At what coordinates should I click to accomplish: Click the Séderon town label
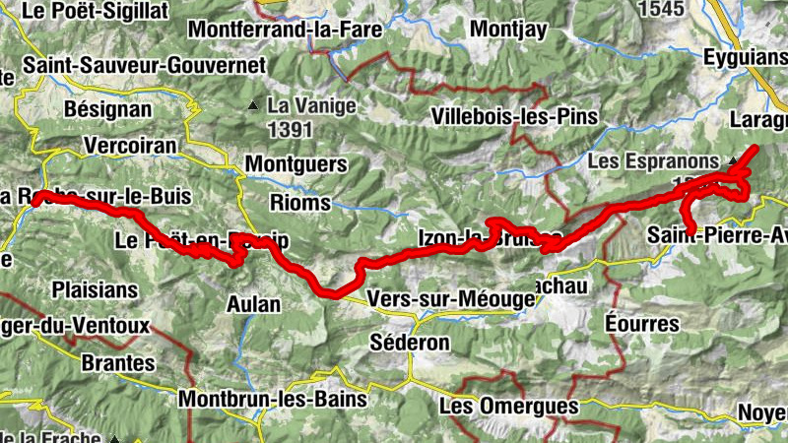(x=409, y=343)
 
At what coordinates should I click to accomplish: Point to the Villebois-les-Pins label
(x=515, y=117)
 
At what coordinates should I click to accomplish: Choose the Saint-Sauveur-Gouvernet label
(x=146, y=65)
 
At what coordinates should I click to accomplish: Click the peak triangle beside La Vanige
(x=254, y=104)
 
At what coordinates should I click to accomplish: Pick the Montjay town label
(x=507, y=29)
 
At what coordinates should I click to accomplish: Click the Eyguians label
(x=745, y=58)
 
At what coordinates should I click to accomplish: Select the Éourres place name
(x=642, y=324)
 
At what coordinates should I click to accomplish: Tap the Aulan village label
(x=253, y=303)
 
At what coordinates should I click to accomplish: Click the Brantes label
(x=118, y=362)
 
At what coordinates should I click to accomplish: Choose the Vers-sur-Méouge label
(x=442, y=296)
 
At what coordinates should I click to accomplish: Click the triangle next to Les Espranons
(x=731, y=160)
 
